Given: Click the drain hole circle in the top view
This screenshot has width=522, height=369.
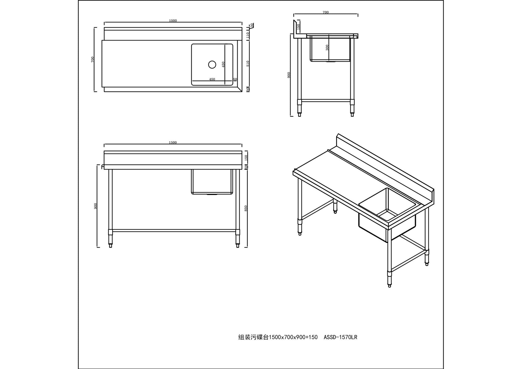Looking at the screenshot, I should (x=212, y=64).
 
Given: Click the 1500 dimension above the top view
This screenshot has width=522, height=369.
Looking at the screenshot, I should (x=173, y=21).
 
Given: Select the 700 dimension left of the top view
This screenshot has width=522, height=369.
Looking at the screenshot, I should (x=93, y=59).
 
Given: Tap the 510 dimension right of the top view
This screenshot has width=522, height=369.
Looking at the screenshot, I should (x=248, y=64).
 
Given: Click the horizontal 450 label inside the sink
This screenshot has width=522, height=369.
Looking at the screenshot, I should (x=212, y=79).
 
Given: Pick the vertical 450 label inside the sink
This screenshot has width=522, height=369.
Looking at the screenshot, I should (x=223, y=64).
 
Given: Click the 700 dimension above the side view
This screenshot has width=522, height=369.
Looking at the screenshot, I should (x=325, y=12).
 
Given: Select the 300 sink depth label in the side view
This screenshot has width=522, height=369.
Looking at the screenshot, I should (x=327, y=47).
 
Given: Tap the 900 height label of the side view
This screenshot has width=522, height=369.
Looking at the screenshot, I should (x=289, y=75).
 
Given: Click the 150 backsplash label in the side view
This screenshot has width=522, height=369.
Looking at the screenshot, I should (x=298, y=27).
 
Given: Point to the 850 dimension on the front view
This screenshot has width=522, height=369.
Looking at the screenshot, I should (x=246, y=208).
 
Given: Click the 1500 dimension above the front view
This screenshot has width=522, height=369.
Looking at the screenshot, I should (x=173, y=143).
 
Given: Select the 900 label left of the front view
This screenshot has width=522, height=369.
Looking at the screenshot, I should (x=95, y=206).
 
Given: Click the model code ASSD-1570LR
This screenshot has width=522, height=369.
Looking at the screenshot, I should (x=340, y=337).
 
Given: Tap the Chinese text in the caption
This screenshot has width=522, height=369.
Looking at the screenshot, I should (x=253, y=337).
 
